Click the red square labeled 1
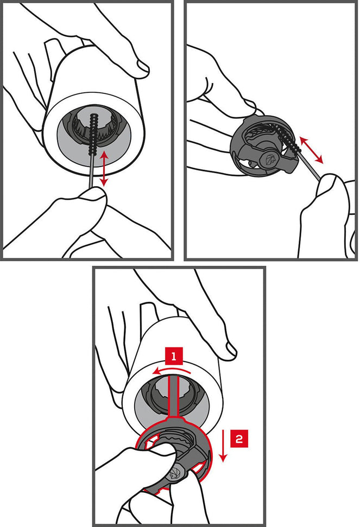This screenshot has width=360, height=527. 173,356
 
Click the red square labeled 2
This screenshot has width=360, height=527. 239,439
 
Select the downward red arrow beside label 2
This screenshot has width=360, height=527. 223,446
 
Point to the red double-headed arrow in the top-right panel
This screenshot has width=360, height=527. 311,150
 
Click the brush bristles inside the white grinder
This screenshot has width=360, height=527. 93,134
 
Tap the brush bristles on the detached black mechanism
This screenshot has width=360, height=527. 288,140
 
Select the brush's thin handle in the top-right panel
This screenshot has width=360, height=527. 310,167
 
